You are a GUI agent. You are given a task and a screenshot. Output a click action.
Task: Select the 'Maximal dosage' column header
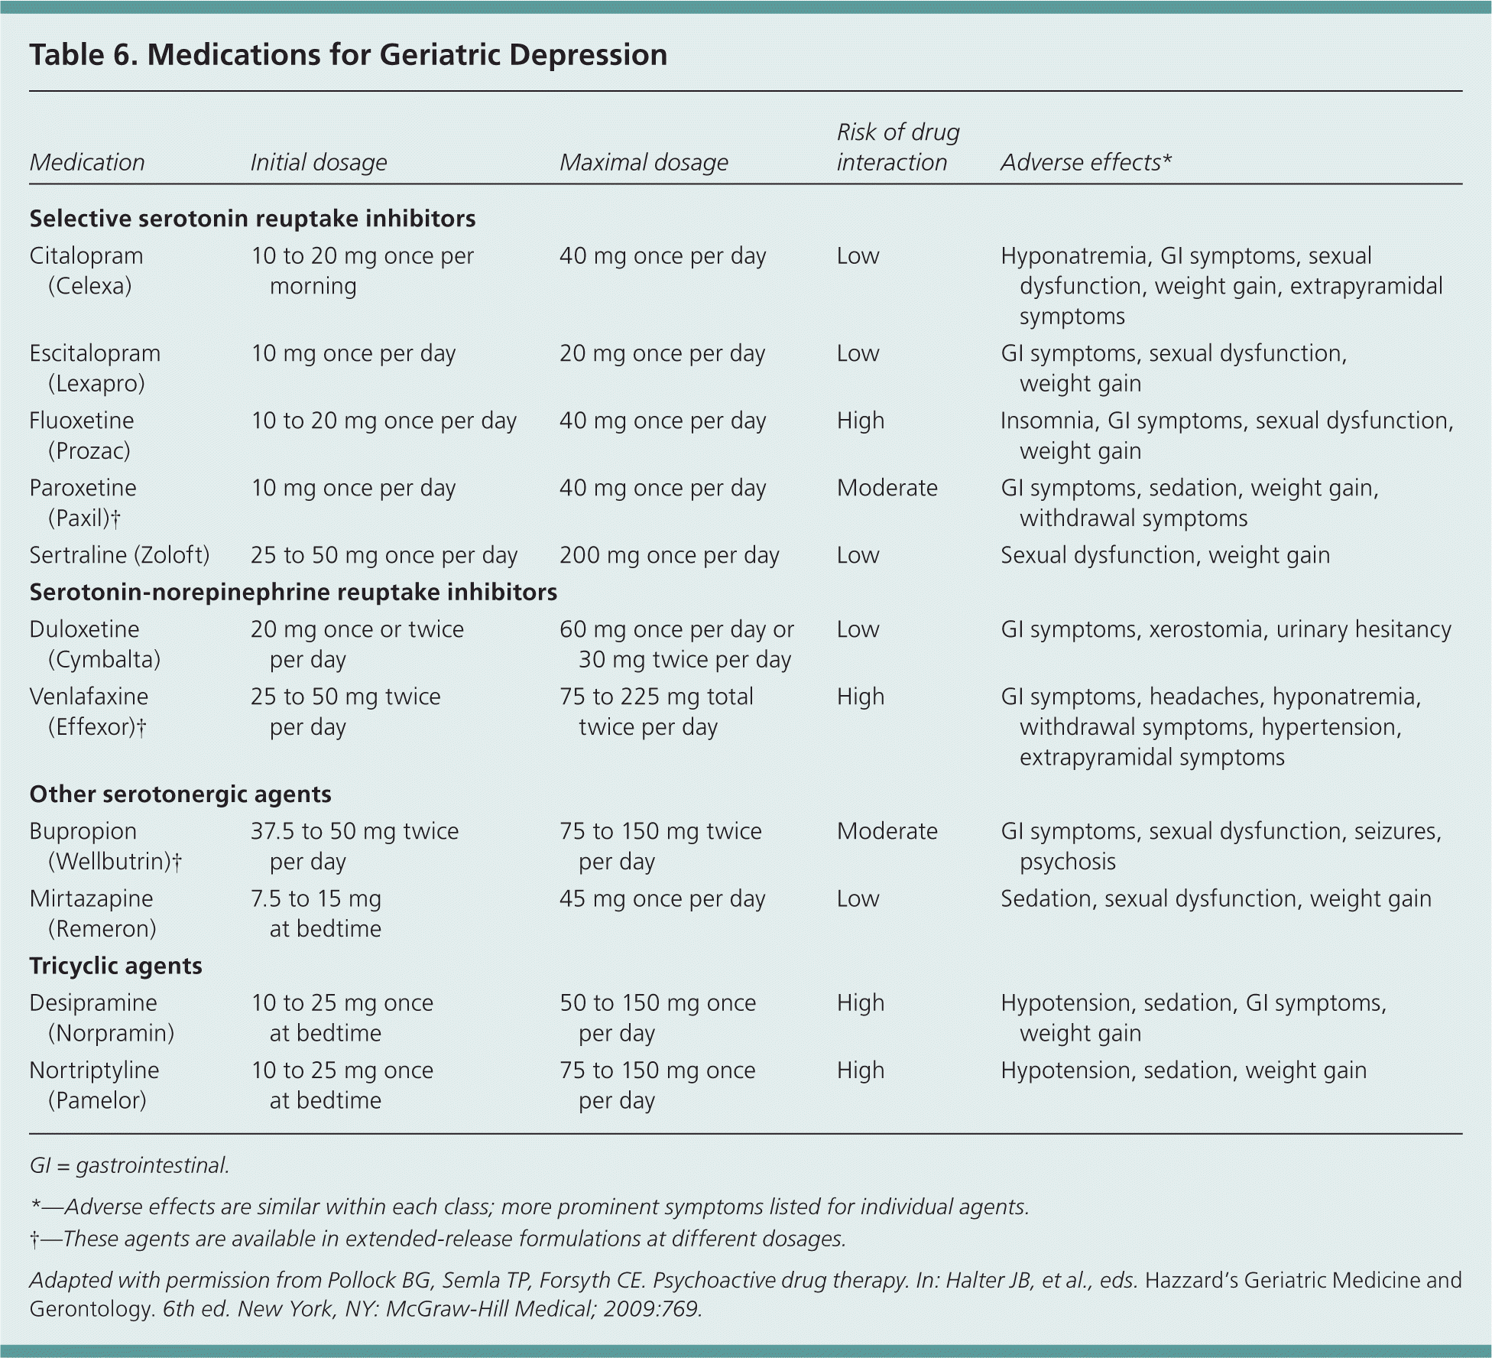click(644, 162)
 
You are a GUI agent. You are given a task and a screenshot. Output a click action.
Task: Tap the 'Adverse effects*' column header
click(1086, 162)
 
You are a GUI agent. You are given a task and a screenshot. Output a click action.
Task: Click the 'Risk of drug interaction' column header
click(897, 148)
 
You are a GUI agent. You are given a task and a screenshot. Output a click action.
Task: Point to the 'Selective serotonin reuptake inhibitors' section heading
click(252, 219)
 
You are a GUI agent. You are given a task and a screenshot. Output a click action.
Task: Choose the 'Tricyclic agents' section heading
click(115, 966)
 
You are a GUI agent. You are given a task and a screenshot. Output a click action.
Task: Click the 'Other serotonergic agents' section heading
click(180, 794)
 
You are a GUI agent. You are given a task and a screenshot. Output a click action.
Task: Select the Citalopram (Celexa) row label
click(86, 271)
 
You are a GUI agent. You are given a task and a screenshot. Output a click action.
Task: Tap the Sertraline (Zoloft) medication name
click(119, 555)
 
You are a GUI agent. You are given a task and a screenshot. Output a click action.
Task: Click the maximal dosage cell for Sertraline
click(669, 555)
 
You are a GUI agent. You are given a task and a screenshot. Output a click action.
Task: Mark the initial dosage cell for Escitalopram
click(353, 353)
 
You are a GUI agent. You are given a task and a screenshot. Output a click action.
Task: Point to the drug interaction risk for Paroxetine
click(887, 488)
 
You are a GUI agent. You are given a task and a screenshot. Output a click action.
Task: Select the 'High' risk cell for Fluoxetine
click(860, 421)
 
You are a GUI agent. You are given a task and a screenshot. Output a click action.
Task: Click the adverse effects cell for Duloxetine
click(1225, 629)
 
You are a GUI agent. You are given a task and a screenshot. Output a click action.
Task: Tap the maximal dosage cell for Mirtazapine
click(662, 898)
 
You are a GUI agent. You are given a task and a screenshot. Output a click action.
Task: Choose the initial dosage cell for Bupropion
click(355, 846)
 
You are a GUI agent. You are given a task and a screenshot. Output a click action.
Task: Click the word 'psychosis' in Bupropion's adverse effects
click(1067, 862)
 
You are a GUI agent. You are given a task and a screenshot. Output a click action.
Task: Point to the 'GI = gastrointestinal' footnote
click(129, 1165)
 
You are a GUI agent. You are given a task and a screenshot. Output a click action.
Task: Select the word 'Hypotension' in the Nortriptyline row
click(1065, 1070)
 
